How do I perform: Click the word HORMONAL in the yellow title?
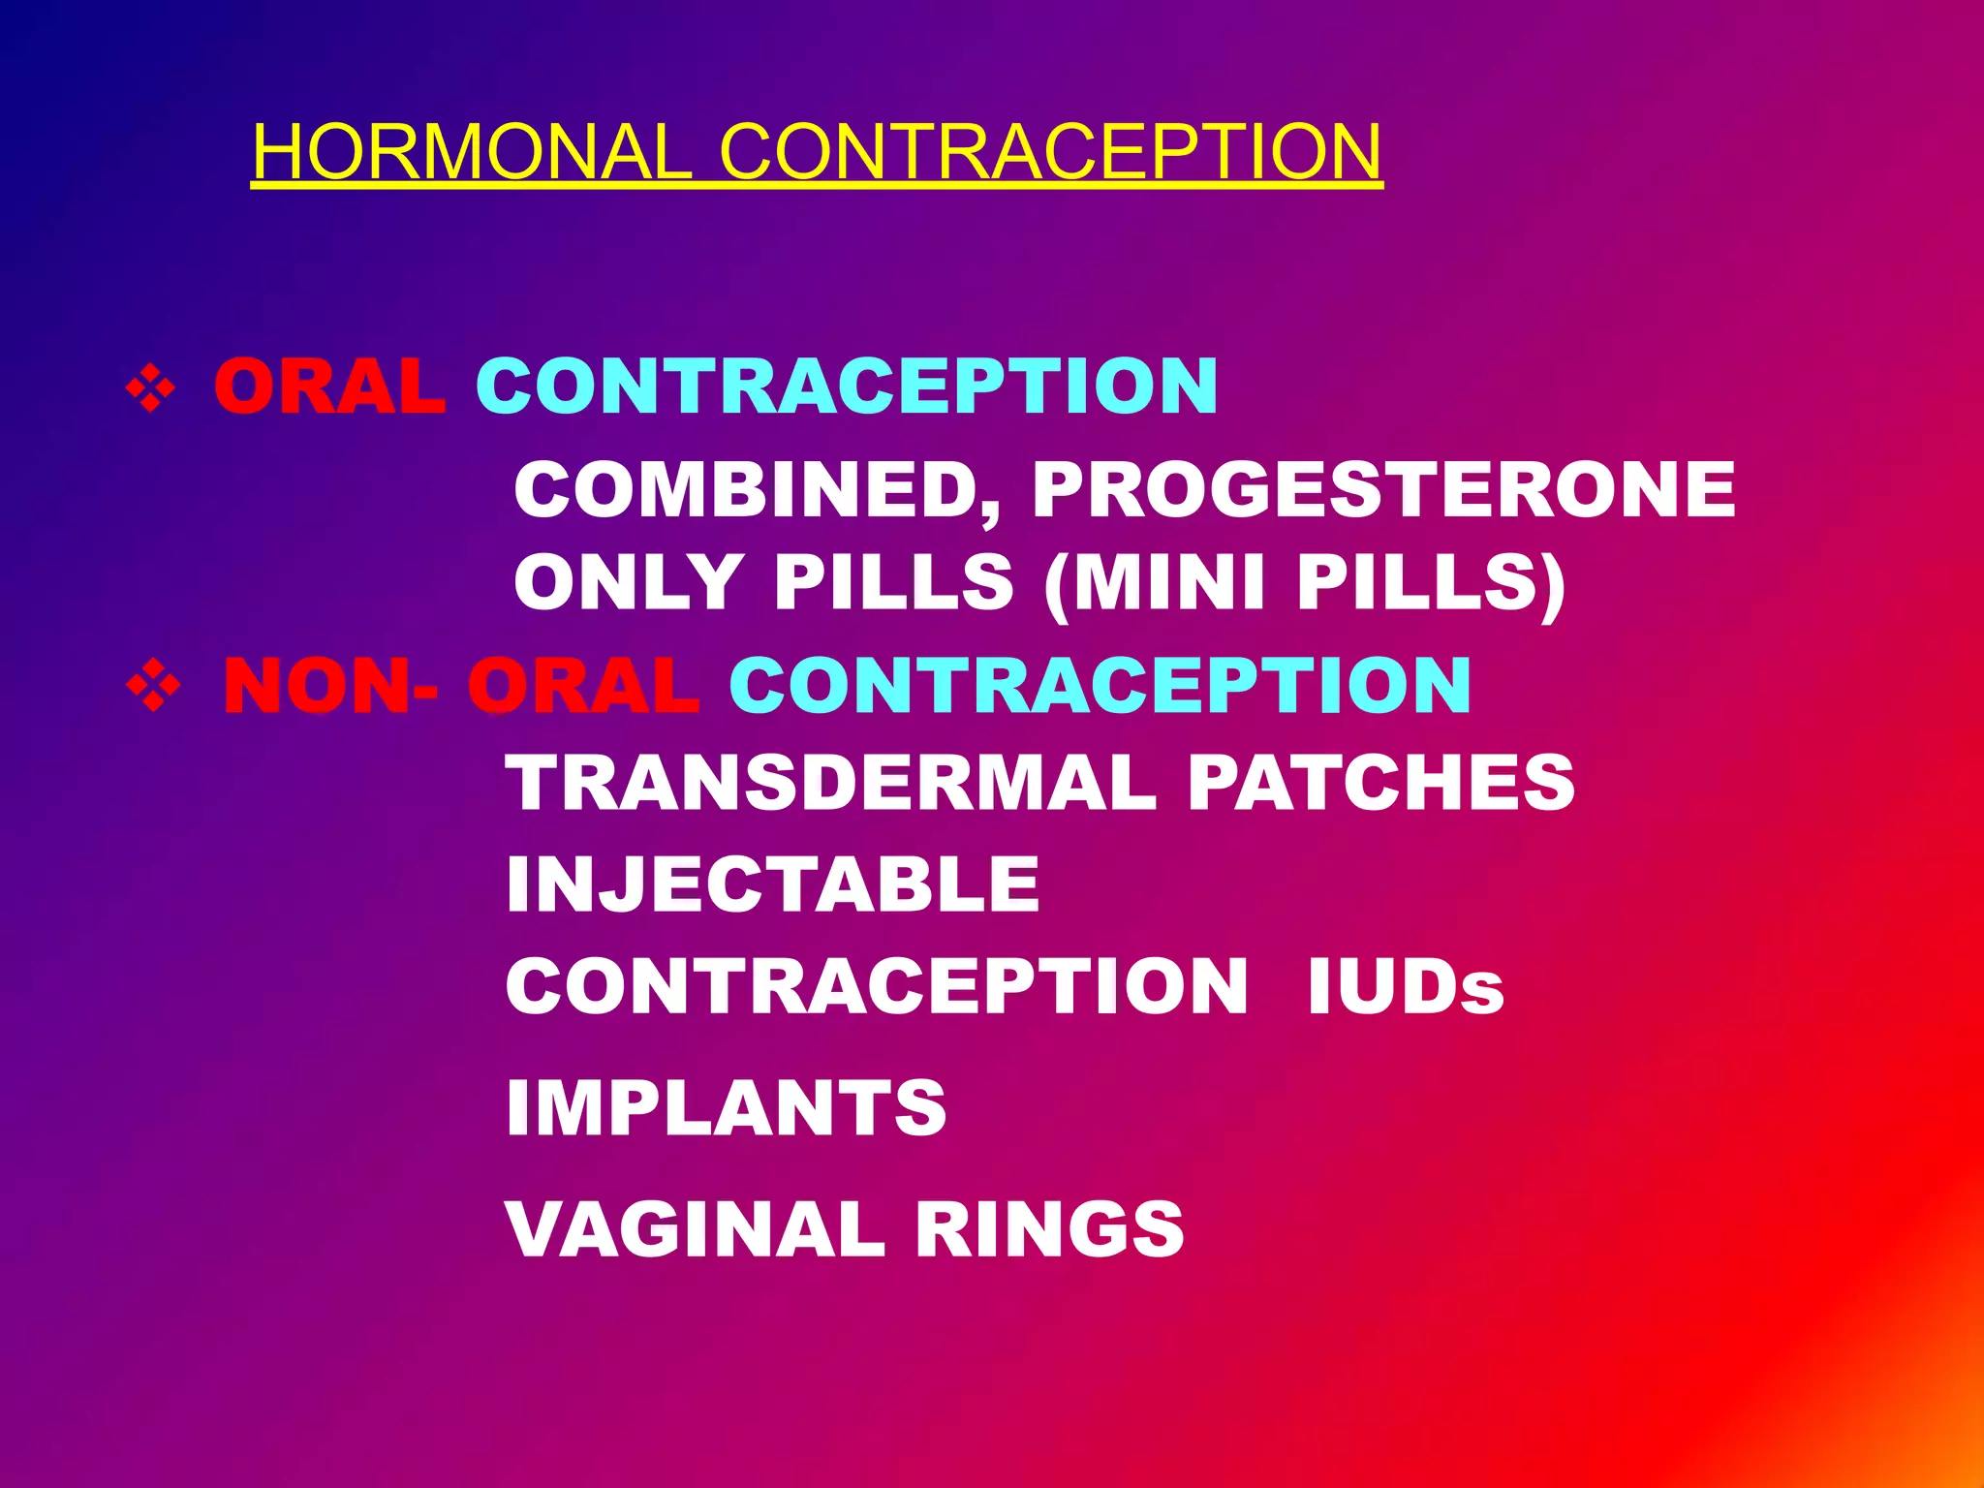point(472,152)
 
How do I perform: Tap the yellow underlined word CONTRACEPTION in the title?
point(1050,152)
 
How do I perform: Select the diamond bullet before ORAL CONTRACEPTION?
point(150,388)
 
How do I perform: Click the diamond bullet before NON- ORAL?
point(152,687)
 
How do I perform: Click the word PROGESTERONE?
point(1384,490)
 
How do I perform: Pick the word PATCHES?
point(1381,783)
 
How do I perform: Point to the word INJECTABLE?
point(773,884)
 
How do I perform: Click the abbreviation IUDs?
point(1405,987)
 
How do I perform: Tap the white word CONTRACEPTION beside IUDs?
point(877,987)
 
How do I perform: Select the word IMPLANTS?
point(726,1108)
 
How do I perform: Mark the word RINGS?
point(1049,1229)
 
